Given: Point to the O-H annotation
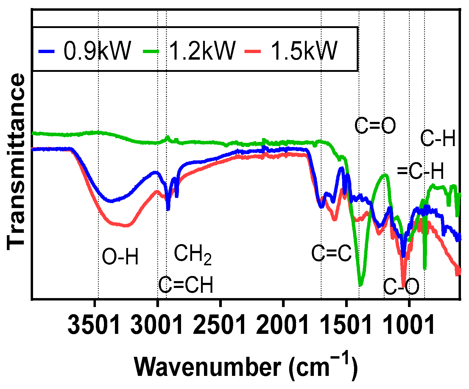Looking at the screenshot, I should [x=120, y=257].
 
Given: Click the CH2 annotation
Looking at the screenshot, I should [x=193, y=254].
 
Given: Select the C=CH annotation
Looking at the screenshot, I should [x=186, y=285].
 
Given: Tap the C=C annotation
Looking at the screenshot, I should [x=331, y=254].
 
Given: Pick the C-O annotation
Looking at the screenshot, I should [x=401, y=287].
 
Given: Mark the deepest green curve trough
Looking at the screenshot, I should [x=361, y=285].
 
